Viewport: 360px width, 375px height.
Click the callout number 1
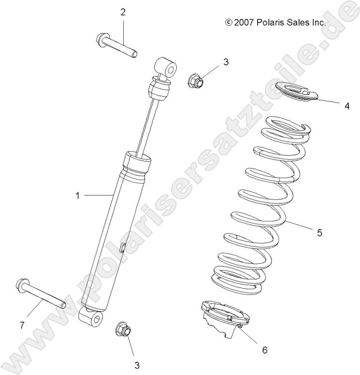coord(77,195)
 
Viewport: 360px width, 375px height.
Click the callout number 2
coord(123,12)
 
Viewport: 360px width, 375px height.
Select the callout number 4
coord(346,105)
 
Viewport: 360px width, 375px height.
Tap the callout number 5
coord(320,233)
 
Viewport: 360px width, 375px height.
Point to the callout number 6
coord(265,349)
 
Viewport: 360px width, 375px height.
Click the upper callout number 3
coord(226,62)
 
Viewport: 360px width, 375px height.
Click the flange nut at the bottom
coord(123,331)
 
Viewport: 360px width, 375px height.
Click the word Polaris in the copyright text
coord(266,22)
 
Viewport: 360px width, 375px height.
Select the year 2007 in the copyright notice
coord(243,22)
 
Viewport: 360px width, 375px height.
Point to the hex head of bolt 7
coord(22,284)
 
